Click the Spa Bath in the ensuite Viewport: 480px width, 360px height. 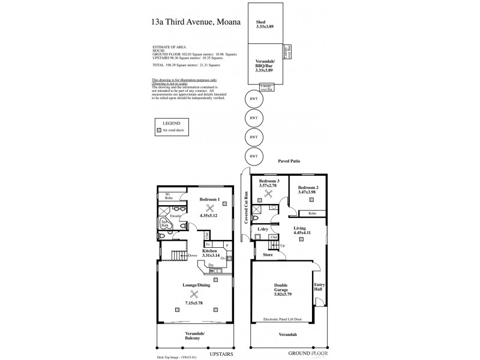(164, 224)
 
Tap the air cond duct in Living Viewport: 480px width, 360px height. (302, 238)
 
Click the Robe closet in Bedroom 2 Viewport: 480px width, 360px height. (312, 213)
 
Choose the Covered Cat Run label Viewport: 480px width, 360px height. (246, 207)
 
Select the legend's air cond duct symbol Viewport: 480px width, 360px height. (158, 130)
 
